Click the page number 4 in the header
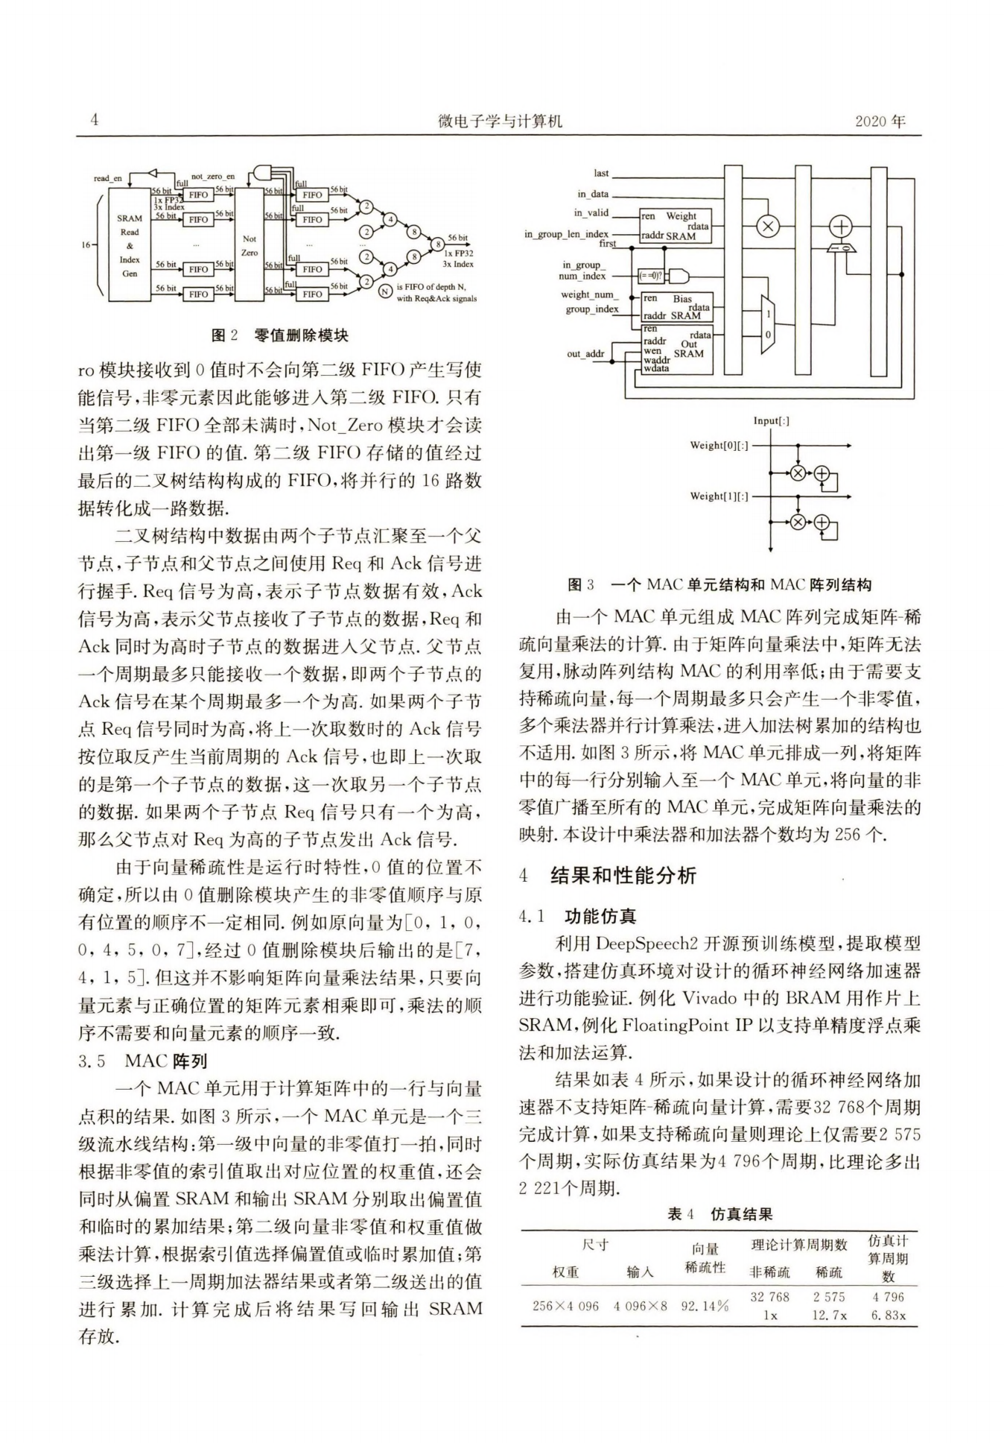[x=94, y=120]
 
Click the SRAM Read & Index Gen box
[x=130, y=245]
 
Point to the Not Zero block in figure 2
[x=250, y=245]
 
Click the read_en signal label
[x=107, y=178]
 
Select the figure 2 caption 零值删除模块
[x=280, y=335]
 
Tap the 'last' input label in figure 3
[x=601, y=173]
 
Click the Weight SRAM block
[x=676, y=226]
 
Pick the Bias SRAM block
[x=676, y=306]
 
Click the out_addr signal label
[x=585, y=353]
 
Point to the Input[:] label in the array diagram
[x=771, y=420]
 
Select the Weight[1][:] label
[x=719, y=496]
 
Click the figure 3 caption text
[x=719, y=585]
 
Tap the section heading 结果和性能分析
[x=623, y=875]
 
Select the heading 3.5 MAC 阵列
[x=142, y=1061]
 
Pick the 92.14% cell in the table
[x=704, y=1306]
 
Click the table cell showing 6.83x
[x=888, y=1315]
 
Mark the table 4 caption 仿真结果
[x=719, y=1214]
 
